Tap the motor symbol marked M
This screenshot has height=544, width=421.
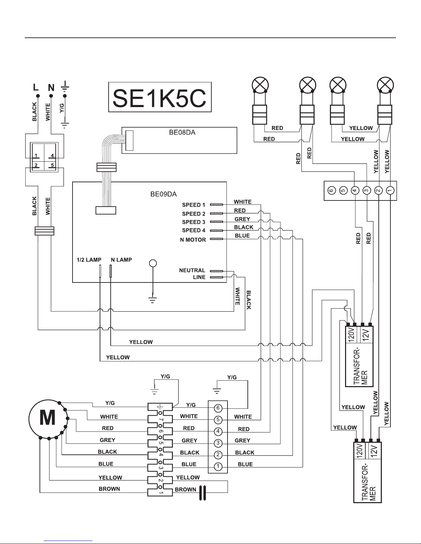(48, 419)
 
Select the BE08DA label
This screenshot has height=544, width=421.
(182, 132)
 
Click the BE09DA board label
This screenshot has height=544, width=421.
(163, 194)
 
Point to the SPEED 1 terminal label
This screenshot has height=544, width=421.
(193, 205)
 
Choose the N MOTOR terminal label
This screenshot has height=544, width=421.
(193, 240)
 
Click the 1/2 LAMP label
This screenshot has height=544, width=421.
(89, 260)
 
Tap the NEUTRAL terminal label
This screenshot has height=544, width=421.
(192, 270)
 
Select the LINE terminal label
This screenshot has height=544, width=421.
(199, 277)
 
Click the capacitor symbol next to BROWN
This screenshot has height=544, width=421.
(202, 493)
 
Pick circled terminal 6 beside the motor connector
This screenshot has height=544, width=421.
(218, 408)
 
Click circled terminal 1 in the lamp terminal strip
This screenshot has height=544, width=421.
(390, 190)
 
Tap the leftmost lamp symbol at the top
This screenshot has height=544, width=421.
(261, 85)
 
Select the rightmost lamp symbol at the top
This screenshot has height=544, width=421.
(385, 85)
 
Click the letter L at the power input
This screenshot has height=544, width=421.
(36, 88)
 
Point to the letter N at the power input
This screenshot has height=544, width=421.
(51, 88)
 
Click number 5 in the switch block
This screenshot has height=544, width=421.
(52, 165)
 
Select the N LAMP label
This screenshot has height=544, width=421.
(121, 260)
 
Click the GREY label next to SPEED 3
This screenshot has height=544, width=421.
(242, 219)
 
